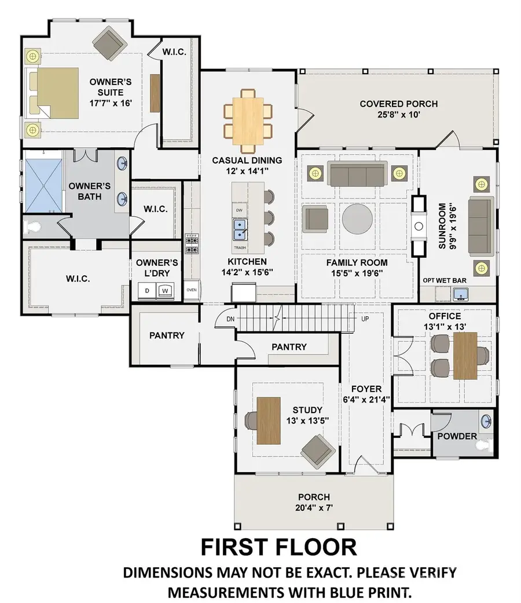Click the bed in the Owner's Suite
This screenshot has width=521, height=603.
point(55,93)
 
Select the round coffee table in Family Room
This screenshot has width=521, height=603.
point(357,219)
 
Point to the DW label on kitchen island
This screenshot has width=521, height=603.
point(239,209)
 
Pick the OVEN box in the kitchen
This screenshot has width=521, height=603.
point(192,290)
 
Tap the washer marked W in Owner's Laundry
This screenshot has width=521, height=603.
point(165,290)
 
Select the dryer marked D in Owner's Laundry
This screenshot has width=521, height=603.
point(147,290)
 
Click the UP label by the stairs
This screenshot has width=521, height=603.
point(365,319)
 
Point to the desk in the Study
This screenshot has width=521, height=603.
point(269,420)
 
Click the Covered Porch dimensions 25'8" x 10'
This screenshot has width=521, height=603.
point(398,115)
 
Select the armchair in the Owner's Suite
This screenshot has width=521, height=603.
point(110,41)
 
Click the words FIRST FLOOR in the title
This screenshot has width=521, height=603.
point(278,547)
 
